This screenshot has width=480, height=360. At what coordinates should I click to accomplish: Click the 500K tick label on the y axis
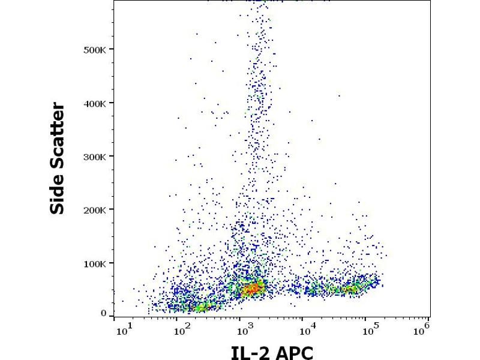pyautogui.click(x=95, y=49)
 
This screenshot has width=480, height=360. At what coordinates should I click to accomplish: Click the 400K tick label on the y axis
pyautogui.click(x=95, y=103)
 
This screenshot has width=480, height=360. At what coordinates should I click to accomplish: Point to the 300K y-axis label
pyautogui.click(x=95, y=157)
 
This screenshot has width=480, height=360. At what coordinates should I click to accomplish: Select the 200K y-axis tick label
pyautogui.click(x=95, y=210)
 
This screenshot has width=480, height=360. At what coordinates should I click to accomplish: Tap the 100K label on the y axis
pyautogui.click(x=95, y=263)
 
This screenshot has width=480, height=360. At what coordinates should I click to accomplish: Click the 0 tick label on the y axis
pyautogui.click(x=103, y=313)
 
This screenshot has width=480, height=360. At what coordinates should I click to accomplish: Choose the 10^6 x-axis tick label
pyautogui.click(x=424, y=327)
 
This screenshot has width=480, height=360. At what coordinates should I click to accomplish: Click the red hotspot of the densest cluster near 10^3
pyautogui.click(x=253, y=289)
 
